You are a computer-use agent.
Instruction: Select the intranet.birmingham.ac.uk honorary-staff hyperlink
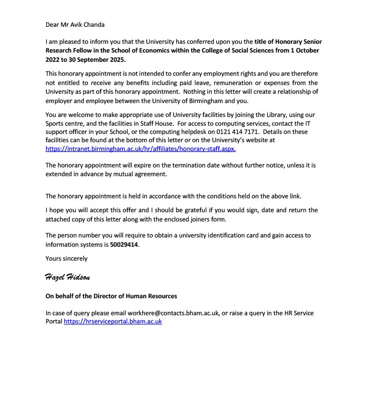coord(141,149)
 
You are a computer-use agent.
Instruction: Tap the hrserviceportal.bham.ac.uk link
coord(113,321)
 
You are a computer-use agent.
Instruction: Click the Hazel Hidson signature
coord(67,278)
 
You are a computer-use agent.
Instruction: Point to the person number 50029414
coord(124,245)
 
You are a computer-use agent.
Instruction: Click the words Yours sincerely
coord(66,259)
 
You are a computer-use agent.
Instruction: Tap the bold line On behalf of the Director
coord(111,296)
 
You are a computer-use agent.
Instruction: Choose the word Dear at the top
coord(53,24)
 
